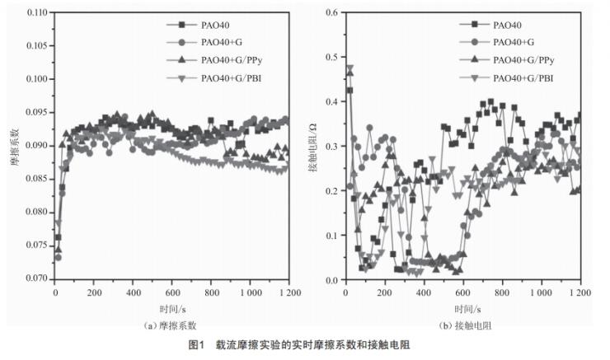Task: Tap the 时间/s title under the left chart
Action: click(171, 306)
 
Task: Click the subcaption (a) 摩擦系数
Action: click(171, 325)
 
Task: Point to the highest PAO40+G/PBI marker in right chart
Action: click(350, 69)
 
